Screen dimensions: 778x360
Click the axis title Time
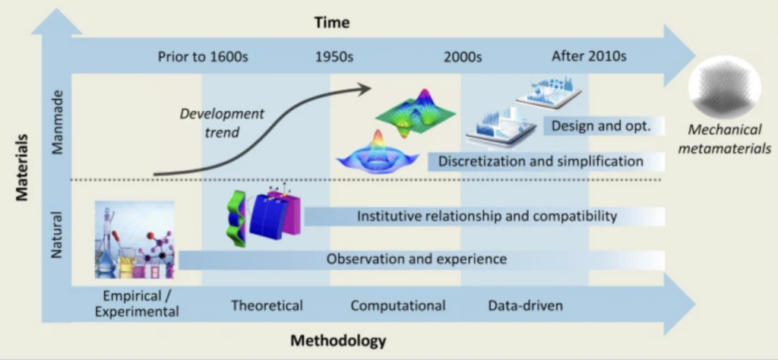point(332,22)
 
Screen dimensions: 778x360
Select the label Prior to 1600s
point(203,56)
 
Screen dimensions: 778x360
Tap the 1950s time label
point(334,56)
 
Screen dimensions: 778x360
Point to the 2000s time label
point(463,56)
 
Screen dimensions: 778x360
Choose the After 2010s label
point(589,56)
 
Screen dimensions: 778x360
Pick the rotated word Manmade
point(57,122)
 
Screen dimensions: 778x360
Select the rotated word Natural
point(57,235)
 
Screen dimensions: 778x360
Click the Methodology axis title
point(338,341)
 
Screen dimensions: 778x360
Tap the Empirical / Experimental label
point(141,304)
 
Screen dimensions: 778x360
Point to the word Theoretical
point(267,305)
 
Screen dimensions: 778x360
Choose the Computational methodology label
point(398,305)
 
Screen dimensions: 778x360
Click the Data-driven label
point(526,305)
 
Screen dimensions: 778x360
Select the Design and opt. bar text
point(601,126)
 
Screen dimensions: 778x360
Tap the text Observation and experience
point(416,259)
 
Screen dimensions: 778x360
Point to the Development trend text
point(222,122)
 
